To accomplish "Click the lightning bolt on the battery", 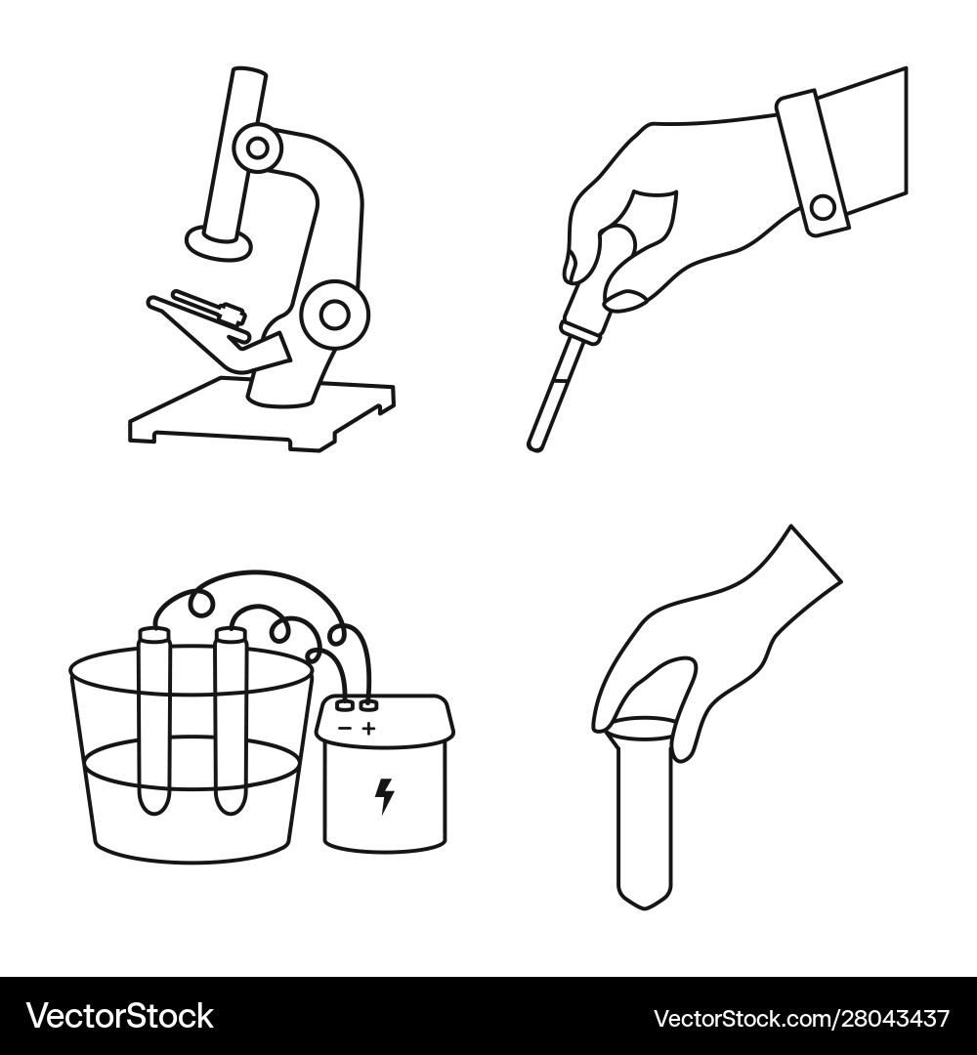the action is coord(384,796).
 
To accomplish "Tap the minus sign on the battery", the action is coord(345,728).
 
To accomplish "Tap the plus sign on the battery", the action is coord(368,728).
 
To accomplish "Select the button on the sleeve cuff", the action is coord(823,207).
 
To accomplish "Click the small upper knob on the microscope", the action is coord(257,148).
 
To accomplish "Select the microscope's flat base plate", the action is coord(262,414).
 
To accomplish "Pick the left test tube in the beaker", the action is coord(154,720).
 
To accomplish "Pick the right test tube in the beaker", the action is coord(231,720).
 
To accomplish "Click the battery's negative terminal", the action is coord(345,706).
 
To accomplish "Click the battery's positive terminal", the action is coord(367,706).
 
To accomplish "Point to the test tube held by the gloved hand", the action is coord(644,813).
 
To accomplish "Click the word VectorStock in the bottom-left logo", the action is coord(120,1016).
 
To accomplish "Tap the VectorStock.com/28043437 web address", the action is coord(802,1017).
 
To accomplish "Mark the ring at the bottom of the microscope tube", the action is coord(220,243).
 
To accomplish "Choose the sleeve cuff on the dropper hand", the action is coord(812,163).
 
